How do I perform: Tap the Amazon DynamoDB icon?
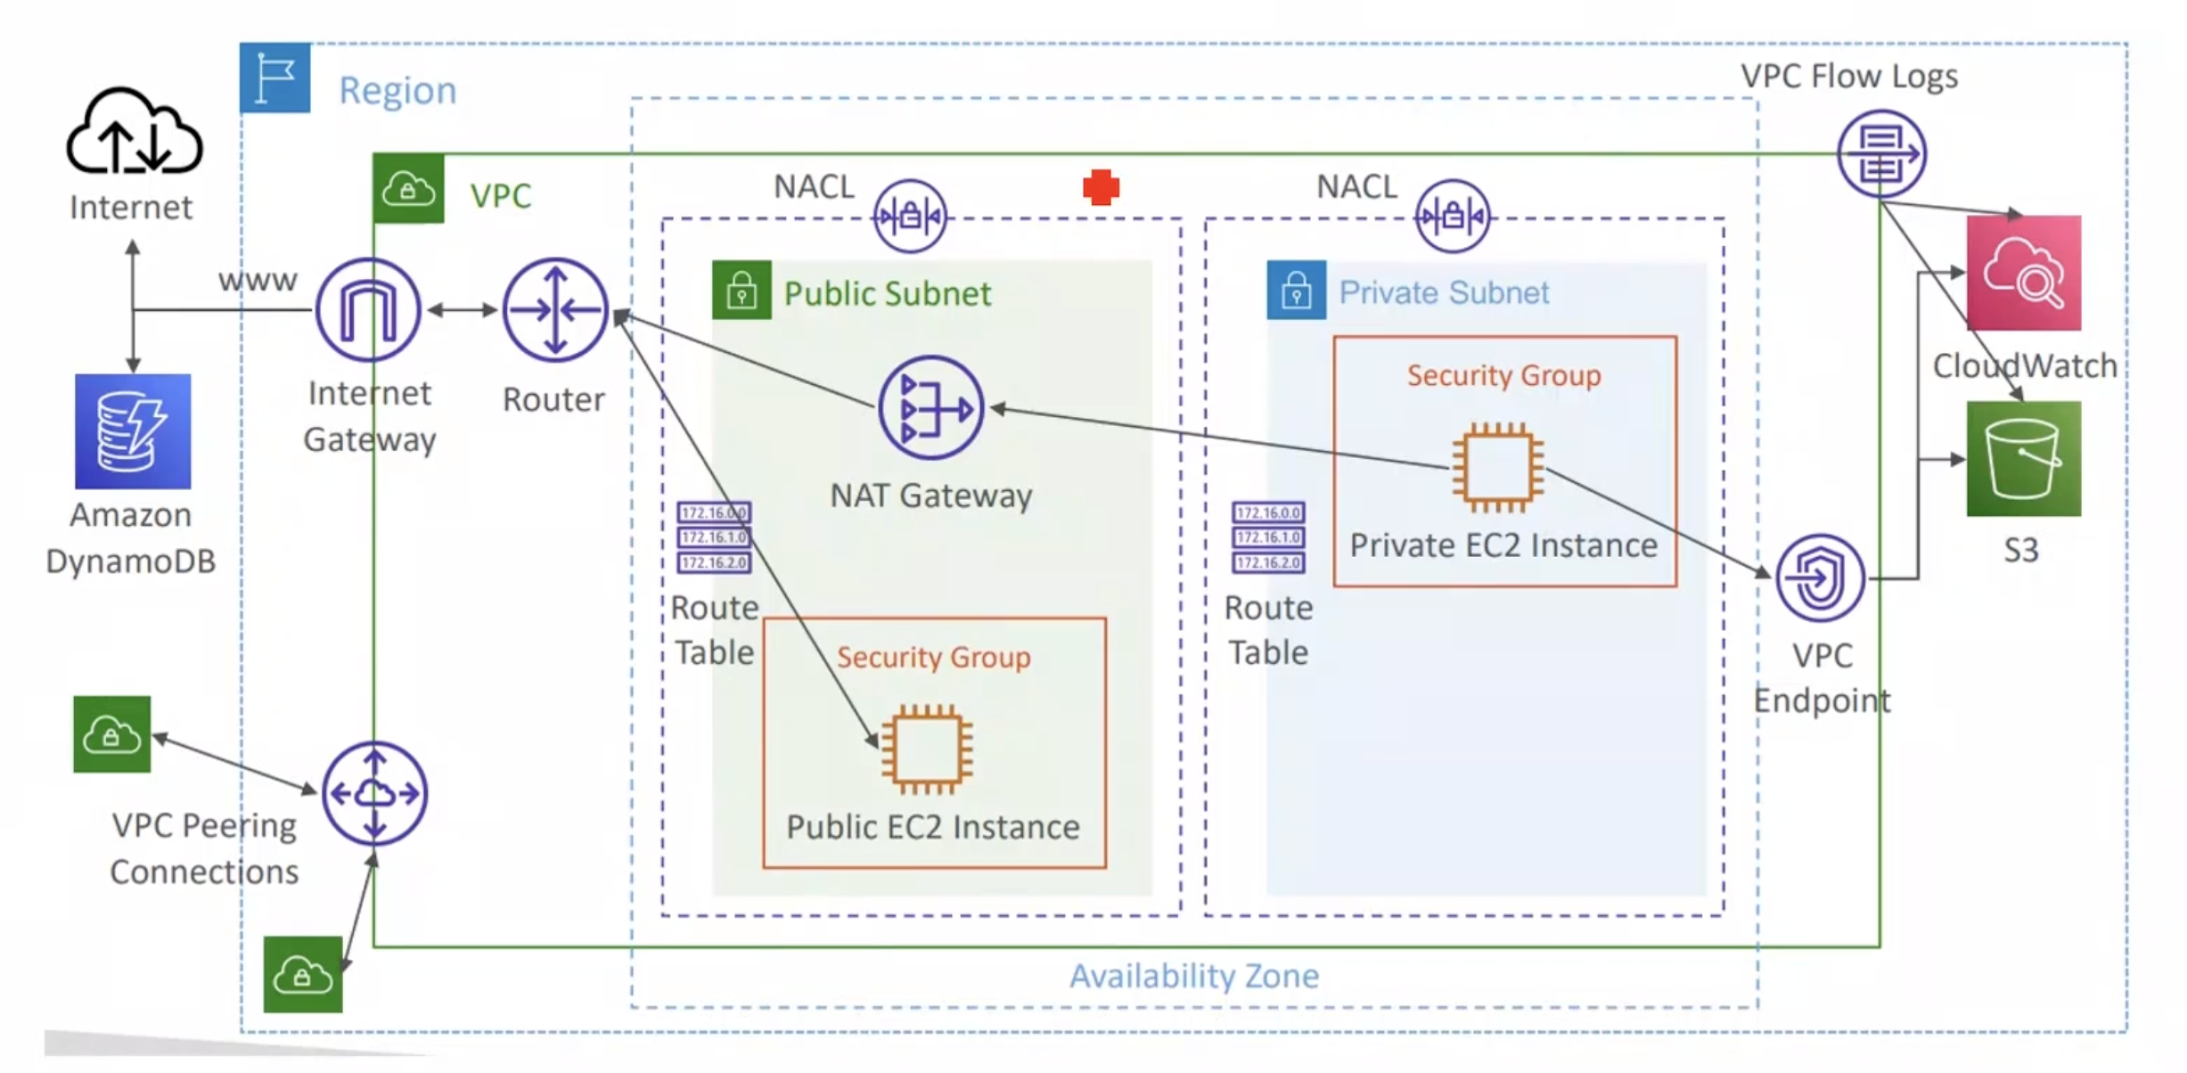point(133,431)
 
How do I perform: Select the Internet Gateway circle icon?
point(368,309)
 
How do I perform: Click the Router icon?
point(555,309)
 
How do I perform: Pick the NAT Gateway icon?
point(931,408)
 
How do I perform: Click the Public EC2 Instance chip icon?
point(927,749)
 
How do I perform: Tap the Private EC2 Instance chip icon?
point(1498,467)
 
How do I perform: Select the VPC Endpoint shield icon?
point(1820,578)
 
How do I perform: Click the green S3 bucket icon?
point(2024,459)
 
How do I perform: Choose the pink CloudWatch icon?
point(2024,273)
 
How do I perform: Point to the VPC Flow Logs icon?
point(1881,153)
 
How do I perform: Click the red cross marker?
point(1102,187)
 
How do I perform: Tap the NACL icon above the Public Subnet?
point(910,216)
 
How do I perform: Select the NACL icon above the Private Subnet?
point(1453,216)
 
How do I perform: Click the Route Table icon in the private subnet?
point(1268,537)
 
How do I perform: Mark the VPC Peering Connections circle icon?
point(374,793)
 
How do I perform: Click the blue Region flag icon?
point(275,78)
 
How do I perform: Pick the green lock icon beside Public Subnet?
point(741,290)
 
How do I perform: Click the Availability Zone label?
point(1194,976)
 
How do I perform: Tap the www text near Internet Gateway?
point(258,281)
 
